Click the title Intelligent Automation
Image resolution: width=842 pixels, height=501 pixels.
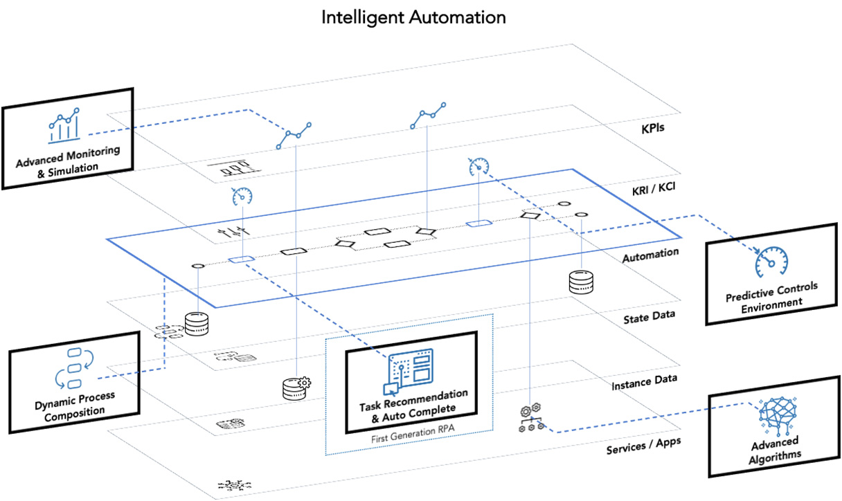click(413, 17)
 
